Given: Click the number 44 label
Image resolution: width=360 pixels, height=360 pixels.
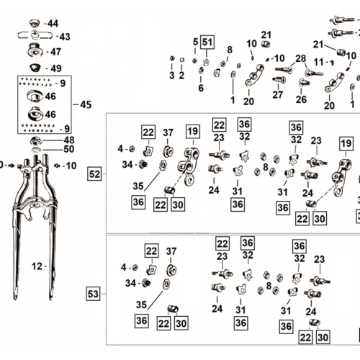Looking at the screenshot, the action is pos(53,24).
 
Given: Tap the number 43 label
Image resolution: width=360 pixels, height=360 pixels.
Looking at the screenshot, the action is pos(65,37).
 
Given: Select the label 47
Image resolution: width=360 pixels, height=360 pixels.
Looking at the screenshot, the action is pos(55,52).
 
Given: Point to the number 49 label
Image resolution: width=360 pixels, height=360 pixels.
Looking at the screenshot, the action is pos(56,68).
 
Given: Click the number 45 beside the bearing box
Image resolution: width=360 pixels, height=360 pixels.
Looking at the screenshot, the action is pos(86,104).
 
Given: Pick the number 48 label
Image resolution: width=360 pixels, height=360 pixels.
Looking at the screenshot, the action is pos(69,140).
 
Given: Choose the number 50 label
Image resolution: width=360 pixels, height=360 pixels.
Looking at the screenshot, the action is pos(69,149).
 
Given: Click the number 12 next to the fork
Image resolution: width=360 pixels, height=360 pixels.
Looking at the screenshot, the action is pos(37,266).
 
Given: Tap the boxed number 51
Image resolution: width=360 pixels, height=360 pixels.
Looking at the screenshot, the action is pos(207,42).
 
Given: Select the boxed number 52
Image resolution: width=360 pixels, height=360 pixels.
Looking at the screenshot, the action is pos(94,174).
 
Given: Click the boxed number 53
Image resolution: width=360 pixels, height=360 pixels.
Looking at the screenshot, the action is pos(93,294).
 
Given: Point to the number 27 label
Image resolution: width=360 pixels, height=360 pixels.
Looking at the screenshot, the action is pos(278,95).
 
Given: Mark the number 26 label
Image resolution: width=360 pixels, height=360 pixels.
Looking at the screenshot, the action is pos(301,99).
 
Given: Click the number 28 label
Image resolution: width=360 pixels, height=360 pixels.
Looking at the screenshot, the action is pos(301,58).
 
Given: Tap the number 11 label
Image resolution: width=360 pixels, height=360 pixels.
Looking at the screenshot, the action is pos(319,62).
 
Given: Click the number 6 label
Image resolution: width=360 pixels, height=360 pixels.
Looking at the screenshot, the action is pos(201,88).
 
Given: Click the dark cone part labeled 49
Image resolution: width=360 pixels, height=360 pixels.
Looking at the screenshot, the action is pos(35,68).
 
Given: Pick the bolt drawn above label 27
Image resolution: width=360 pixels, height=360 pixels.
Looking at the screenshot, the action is pos(279,80).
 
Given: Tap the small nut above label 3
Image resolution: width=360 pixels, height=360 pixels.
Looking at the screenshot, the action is pos(172,58).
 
